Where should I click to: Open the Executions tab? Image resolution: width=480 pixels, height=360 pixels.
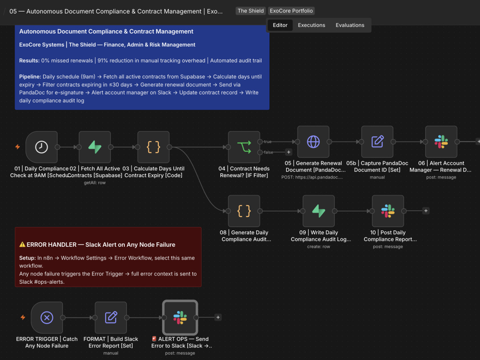[312, 25]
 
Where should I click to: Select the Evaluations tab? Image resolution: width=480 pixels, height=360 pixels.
[350, 25]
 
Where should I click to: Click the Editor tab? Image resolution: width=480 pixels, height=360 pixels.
[280, 25]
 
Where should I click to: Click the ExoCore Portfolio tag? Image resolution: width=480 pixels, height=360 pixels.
[291, 11]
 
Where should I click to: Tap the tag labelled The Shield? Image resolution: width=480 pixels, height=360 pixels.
[251, 11]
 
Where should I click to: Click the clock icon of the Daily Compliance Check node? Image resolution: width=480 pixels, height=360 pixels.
[41, 147]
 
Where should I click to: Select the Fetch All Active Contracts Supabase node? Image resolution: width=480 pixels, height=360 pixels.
[95, 147]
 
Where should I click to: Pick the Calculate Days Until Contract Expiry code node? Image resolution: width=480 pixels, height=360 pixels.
[154, 147]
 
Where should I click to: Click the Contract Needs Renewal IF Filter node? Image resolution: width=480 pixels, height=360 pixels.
[244, 147]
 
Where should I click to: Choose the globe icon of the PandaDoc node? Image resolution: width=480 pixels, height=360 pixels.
[313, 142]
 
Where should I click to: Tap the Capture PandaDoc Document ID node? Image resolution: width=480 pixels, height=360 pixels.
[377, 142]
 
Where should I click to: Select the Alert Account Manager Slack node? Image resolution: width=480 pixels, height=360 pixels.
[441, 142]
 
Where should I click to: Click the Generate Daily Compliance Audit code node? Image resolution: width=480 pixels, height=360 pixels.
[244, 211]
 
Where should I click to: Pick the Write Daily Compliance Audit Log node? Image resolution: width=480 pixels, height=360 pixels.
[319, 211]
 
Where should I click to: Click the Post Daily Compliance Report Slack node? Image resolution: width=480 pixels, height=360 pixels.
[388, 211]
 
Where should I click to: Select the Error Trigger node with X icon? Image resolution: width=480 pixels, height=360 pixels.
[47, 317]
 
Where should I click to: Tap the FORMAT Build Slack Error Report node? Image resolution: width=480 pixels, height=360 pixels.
[111, 317]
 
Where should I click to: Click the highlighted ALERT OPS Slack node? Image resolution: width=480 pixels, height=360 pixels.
[180, 317]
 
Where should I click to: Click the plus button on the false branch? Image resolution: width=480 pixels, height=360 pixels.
[288, 152]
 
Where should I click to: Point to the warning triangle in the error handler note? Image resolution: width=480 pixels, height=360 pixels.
[23, 244]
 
